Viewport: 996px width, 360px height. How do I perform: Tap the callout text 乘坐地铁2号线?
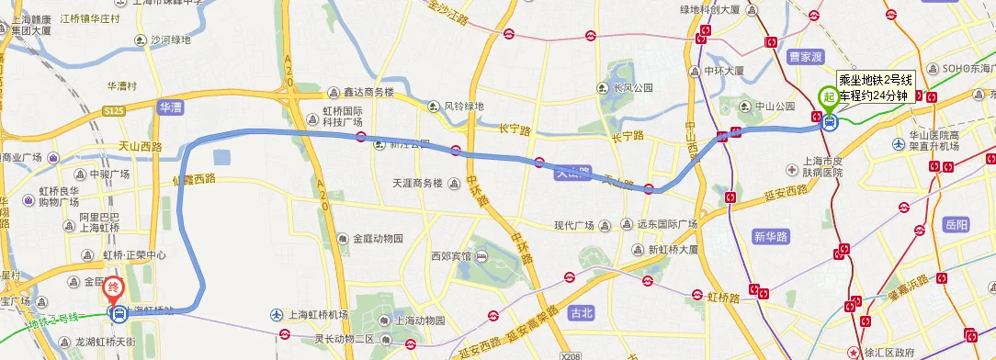coord(873,81)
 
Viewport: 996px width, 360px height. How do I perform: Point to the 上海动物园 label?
coord(420,321)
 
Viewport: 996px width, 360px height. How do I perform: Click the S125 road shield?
coord(114,110)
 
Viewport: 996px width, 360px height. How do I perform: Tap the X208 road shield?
coord(570,354)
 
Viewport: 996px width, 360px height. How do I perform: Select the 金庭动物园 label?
coord(377,238)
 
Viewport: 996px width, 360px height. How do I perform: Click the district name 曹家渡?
coord(807,57)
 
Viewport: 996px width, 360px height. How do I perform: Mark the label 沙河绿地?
coord(171,39)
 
